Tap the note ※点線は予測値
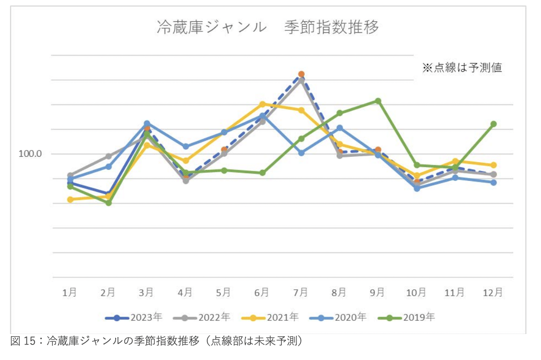coord(462,68)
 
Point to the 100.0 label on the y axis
coord(30,154)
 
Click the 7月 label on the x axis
coord(301,293)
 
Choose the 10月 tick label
coord(416,293)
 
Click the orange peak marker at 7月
coord(301,74)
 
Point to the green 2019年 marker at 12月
coord(493,124)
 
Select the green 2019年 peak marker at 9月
coord(378,101)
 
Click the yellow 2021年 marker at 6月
coord(262,104)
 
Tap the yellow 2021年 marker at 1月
coord(70,199)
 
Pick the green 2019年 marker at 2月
coord(108,203)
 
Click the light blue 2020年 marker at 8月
coord(340,128)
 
